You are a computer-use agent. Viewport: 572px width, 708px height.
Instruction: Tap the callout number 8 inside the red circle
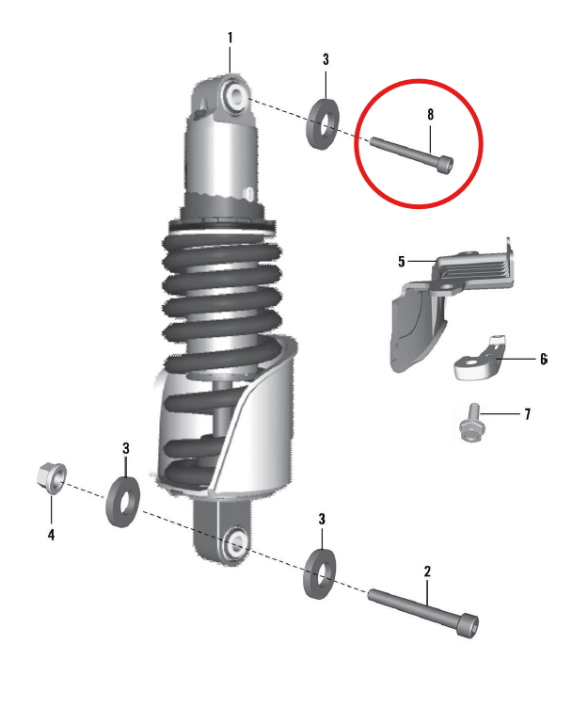coord(431,114)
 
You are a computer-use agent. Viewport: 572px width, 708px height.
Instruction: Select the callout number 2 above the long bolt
coord(427,571)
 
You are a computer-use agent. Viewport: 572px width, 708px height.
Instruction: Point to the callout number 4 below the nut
coord(51,535)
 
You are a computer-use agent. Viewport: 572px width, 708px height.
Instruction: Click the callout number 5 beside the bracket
coord(402,260)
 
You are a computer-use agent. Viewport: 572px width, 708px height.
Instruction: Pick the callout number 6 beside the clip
coord(543,360)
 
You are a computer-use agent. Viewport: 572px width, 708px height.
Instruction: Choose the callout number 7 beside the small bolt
coord(528,414)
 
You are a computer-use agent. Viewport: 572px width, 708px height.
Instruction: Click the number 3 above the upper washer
coord(326,59)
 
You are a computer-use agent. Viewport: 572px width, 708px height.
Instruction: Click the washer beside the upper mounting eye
coord(325,121)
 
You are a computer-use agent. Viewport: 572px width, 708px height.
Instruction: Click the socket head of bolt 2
coord(468,624)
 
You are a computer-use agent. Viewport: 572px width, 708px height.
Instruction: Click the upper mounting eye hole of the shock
coord(235,95)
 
